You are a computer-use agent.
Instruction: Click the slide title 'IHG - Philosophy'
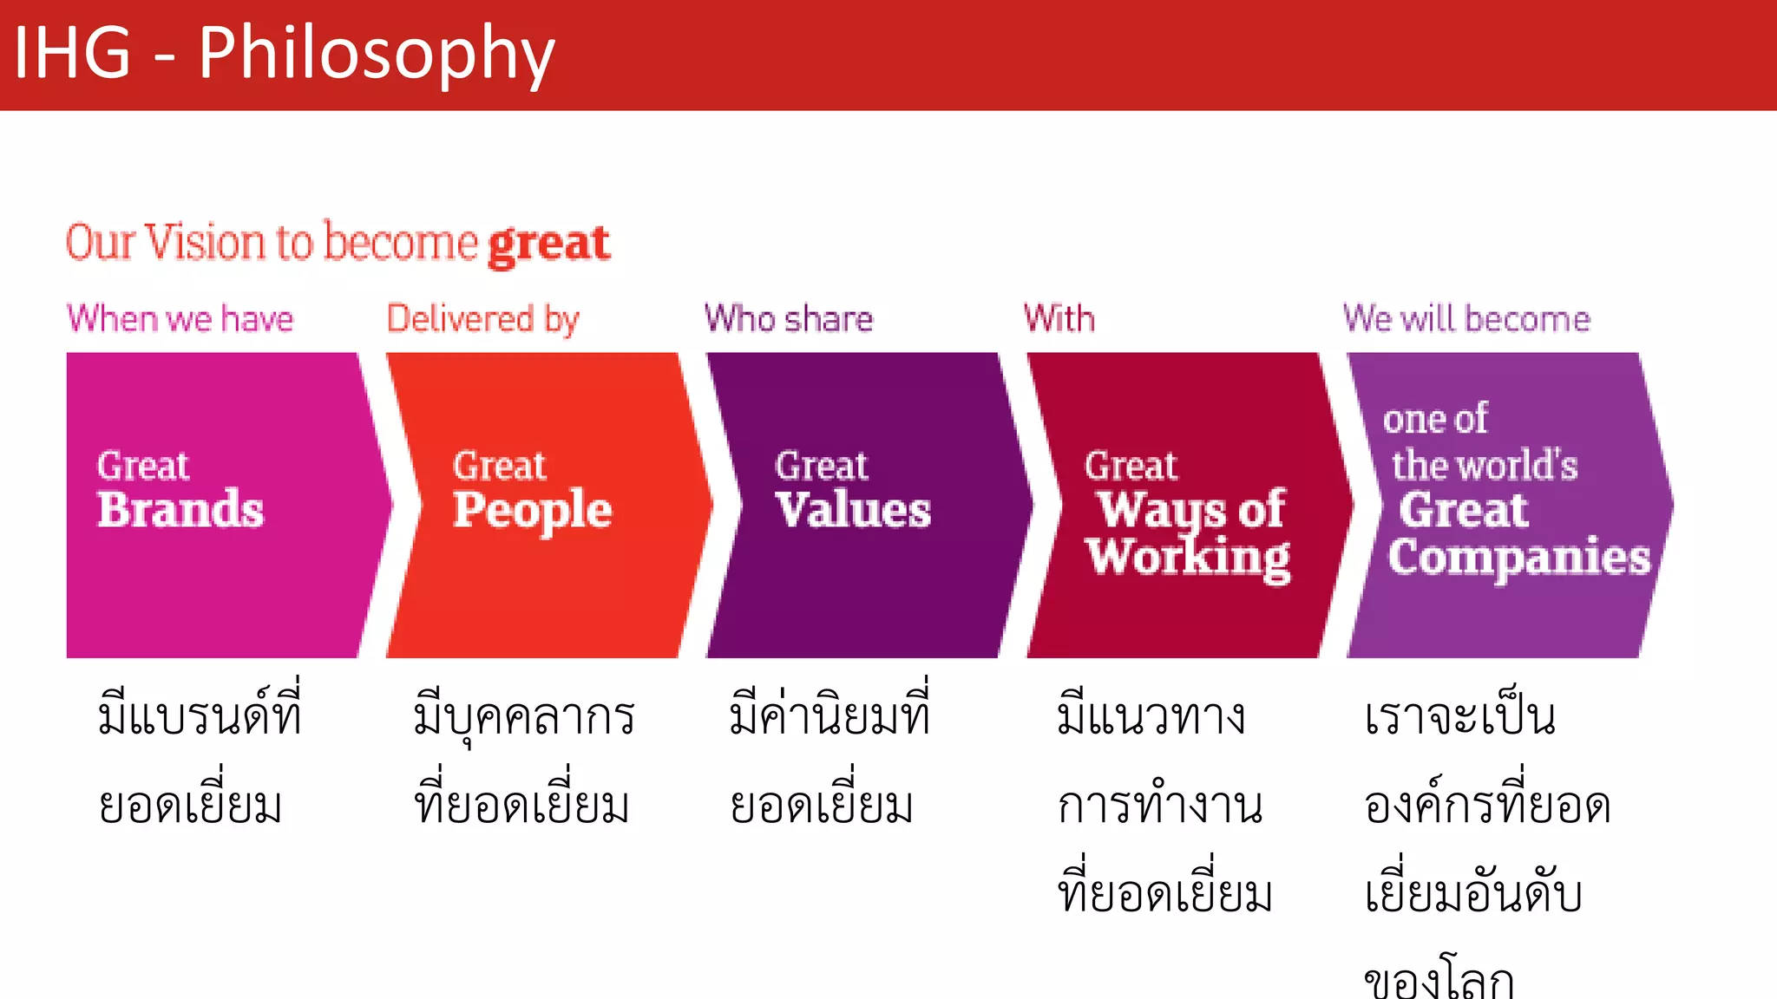tap(284, 54)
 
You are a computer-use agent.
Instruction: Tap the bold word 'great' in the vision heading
tap(548, 245)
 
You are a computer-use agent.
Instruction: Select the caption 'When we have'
tap(180, 319)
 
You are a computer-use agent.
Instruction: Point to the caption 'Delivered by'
tap(482, 319)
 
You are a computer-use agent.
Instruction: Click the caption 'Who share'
tap(789, 319)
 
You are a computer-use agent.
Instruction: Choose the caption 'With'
tap(1059, 319)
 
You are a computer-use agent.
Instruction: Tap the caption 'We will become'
tap(1466, 319)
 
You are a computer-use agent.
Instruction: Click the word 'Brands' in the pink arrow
tap(180, 510)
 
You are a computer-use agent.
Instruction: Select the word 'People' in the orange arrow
tap(532, 510)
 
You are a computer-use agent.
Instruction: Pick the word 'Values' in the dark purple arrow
tap(853, 510)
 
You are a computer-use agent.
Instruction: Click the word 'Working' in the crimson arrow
tap(1188, 558)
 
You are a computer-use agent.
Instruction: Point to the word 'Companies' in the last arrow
tap(1518, 558)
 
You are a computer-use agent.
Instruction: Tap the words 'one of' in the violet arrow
tap(1435, 419)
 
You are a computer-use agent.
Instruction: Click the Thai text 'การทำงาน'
tap(1159, 805)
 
